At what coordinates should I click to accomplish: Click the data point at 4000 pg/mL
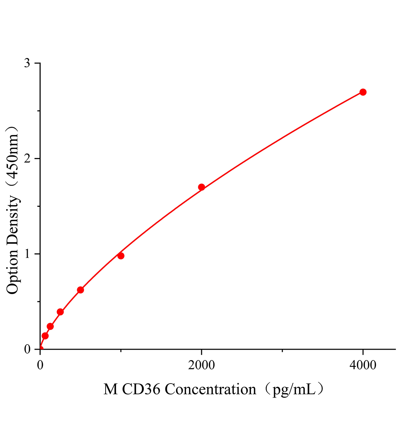click(363, 92)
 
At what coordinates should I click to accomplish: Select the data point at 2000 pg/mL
click(202, 187)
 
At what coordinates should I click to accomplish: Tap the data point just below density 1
click(121, 256)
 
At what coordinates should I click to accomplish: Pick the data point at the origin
click(40, 349)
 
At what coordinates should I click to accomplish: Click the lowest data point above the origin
click(45, 336)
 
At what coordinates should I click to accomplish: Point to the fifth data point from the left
click(80, 290)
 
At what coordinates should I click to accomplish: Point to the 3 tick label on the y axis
click(27, 64)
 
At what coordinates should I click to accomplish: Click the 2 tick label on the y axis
click(27, 159)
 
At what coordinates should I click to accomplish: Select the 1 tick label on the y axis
click(27, 254)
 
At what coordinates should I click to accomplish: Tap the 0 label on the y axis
click(27, 349)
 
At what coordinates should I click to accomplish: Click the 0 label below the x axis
click(40, 366)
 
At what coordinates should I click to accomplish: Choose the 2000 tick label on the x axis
click(202, 366)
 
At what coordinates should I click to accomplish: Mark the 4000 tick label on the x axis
click(363, 366)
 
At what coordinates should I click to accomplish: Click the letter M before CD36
click(110, 390)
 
